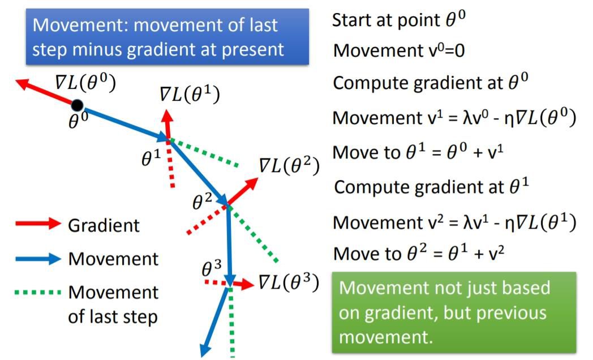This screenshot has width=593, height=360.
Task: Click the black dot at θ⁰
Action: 78,105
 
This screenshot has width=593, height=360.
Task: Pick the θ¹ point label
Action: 151,158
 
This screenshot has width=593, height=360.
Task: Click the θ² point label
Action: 202,201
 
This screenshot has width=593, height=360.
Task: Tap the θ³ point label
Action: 212,268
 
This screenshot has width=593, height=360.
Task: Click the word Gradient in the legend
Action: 104,225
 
